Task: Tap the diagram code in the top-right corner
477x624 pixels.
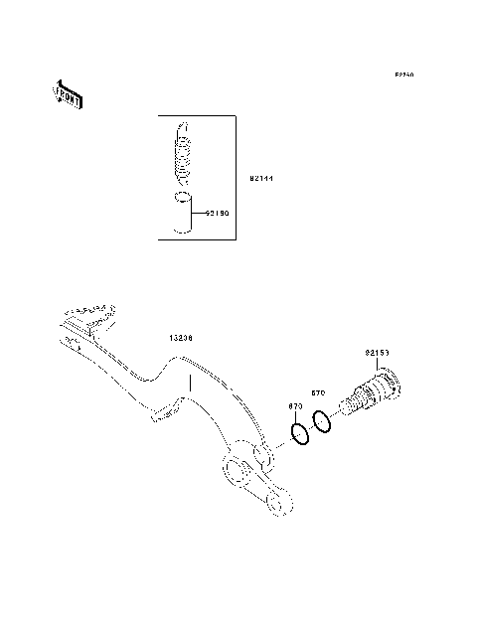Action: tap(402, 75)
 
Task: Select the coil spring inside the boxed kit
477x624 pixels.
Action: tap(182, 157)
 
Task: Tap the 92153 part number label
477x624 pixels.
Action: tap(377, 353)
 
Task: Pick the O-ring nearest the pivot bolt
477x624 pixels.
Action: tap(321, 421)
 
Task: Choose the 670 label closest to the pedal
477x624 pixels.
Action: tap(295, 406)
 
